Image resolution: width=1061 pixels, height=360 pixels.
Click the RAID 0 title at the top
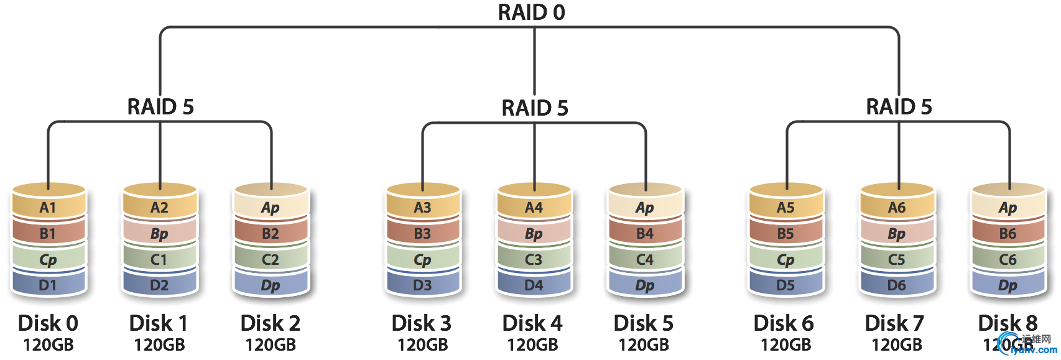pyautogui.click(x=532, y=12)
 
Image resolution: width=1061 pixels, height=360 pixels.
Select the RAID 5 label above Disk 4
pyautogui.click(x=535, y=108)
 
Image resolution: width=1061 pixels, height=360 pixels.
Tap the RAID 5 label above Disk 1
pyautogui.click(x=160, y=107)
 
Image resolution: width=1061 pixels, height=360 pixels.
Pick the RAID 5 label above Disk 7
pyautogui.click(x=899, y=107)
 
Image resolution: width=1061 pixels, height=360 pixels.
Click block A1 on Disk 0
pyautogui.click(x=48, y=208)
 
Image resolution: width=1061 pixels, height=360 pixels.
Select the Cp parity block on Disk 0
pyautogui.click(x=48, y=260)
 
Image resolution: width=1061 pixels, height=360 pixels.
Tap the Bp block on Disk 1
pyautogui.click(x=159, y=234)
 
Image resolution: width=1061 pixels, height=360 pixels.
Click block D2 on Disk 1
pyautogui.click(x=159, y=285)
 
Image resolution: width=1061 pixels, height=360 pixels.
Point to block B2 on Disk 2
pyautogui.click(x=271, y=234)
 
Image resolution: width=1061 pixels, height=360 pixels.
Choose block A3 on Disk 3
pyautogui.click(x=422, y=208)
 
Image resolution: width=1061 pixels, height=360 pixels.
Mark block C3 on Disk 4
pyautogui.click(x=534, y=260)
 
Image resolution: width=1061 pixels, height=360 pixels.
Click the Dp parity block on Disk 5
pyautogui.click(x=645, y=286)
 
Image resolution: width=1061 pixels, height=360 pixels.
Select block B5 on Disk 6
pyautogui.click(x=785, y=234)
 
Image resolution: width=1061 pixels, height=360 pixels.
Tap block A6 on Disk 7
pyautogui.click(x=897, y=208)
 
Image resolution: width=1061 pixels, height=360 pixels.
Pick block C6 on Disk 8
pyautogui.click(x=1008, y=260)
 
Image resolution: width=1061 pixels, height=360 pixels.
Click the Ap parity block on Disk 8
pyautogui.click(x=1008, y=208)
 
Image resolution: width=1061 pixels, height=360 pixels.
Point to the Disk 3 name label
pyautogui.click(x=422, y=323)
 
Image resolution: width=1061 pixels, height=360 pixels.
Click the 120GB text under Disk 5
pyautogui.click(x=644, y=344)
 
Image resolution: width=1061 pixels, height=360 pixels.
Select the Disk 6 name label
pyautogui.click(x=784, y=323)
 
